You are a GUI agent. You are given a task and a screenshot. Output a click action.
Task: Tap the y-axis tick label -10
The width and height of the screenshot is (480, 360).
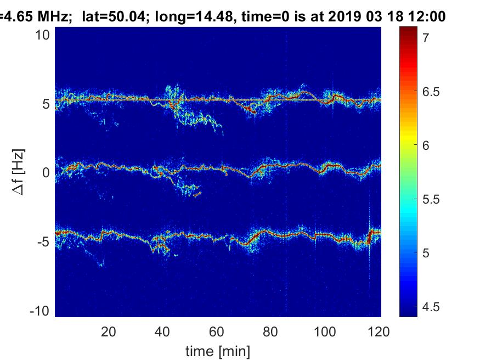(x=41, y=311)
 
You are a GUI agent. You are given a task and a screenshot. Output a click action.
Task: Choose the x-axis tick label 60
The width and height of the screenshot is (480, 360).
(x=216, y=331)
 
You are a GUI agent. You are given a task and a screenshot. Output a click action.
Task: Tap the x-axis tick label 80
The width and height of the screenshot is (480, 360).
(x=270, y=331)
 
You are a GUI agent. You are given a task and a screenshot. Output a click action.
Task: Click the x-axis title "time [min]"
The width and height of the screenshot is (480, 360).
(x=217, y=350)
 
